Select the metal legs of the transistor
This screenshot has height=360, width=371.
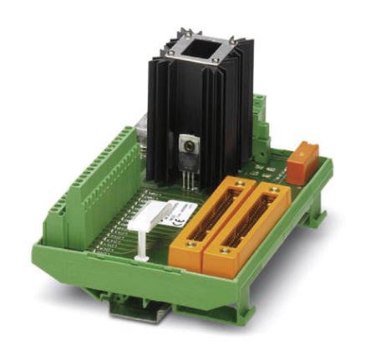(190, 177)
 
